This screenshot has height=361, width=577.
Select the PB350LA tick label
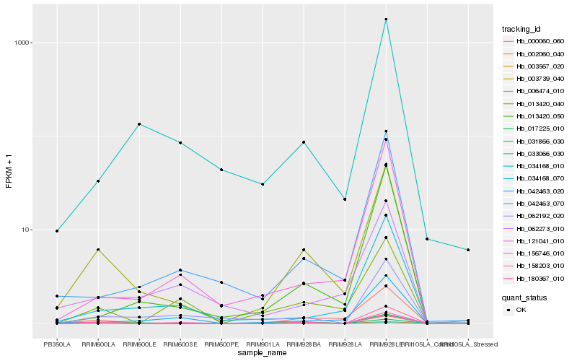tap(57, 344)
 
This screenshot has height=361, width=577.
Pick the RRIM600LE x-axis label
tap(139, 344)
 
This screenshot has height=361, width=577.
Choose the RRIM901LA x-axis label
tap(263, 344)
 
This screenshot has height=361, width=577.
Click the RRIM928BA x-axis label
tap(304, 344)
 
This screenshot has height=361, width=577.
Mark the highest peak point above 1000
tap(386, 19)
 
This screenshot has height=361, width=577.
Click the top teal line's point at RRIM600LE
tap(139, 124)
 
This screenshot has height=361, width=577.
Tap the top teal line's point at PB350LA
tap(57, 231)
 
